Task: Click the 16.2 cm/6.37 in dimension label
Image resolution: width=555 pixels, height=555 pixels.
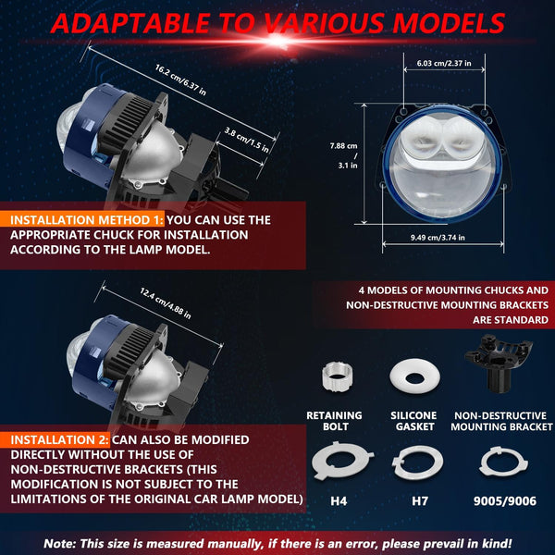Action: click(180, 80)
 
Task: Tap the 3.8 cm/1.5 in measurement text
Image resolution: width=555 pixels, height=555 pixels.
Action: click(247, 141)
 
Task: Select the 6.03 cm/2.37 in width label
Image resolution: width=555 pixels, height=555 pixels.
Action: click(444, 63)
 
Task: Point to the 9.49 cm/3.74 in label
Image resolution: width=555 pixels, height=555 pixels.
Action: click(438, 238)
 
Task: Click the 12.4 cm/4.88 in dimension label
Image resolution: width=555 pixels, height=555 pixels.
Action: click(166, 303)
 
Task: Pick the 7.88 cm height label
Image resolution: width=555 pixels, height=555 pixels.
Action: click(343, 146)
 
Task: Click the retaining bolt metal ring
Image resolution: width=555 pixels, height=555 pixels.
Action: click(337, 376)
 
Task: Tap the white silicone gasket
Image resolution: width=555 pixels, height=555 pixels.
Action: click(414, 376)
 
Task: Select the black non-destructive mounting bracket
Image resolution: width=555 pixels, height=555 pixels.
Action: click(498, 363)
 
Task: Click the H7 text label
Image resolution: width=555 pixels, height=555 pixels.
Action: click(420, 500)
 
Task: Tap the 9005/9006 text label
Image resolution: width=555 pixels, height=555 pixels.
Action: click(505, 500)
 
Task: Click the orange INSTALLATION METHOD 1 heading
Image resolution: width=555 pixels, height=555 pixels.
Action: click(87, 220)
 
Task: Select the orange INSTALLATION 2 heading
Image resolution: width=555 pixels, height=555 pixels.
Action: click(59, 439)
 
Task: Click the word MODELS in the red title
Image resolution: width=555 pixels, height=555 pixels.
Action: click(449, 23)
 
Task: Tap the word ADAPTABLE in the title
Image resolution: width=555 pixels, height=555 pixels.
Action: click(131, 23)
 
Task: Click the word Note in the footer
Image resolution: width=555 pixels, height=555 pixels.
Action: click(59, 543)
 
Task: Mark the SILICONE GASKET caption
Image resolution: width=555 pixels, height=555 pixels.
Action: click(413, 421)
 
